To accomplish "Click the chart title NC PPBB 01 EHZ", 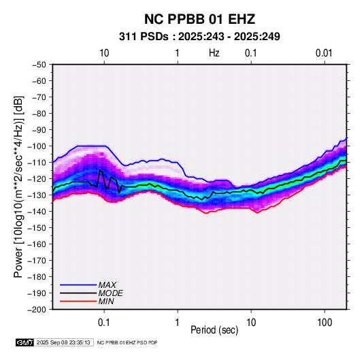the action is pyautogui.click(x=199, y=19).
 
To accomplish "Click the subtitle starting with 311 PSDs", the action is pyautogui.click(x=199, y=37).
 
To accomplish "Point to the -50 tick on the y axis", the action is pyautogui.click(x=39, y=65).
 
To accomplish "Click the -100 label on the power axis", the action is pyautogui.click(x=37, y=146).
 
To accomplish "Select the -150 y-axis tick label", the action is pyautogui.click(x=37, y=228).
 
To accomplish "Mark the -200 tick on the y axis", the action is pyautogui.click(x=37, y=310).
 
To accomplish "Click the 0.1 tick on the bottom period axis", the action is pyautogui.click(x=104, y=323).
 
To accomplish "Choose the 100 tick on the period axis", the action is pyautogui.click(x=325, y=323).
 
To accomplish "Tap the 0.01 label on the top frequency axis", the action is pyautogui.click(x=324, y=53).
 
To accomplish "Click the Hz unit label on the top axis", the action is pyautogui.click(x=214, y=53).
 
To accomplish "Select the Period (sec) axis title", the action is pyautogui.click(x=214, y=330).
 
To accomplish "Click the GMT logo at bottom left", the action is pyautogui.click(x=25, y=342).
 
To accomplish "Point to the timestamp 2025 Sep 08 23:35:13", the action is pyautogui.click(x=63, y=342).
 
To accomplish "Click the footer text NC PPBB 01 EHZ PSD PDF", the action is pyautogui.click(x=127, y=342).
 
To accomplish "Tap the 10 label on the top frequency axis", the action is pyautogui.click(x=104, y=53).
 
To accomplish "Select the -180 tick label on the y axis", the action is pyautogui.click(x=37, y=277).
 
